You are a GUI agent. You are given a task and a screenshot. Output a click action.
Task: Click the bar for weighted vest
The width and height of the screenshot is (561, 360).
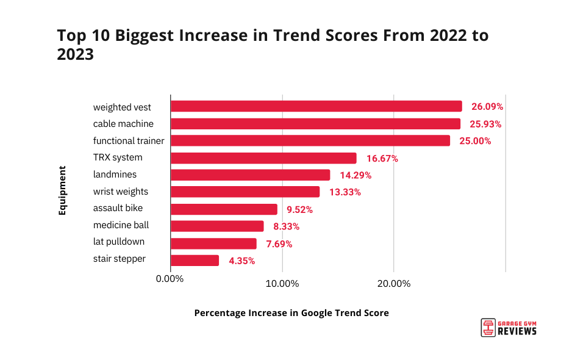316,107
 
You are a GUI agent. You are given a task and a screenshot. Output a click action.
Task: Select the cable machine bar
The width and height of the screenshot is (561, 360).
315,124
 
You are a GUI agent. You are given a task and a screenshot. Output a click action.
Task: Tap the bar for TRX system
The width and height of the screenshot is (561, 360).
263,158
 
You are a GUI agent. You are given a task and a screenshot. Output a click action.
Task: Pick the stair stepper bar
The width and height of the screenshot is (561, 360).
195,261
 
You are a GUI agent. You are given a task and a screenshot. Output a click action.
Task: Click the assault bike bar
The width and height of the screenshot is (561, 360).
224,209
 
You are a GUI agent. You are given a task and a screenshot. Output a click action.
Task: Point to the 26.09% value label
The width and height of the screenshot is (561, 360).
487,107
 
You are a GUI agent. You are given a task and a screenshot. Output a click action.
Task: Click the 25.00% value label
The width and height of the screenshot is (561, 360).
475,141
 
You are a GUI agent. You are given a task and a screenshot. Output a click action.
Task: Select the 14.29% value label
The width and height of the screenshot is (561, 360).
356,175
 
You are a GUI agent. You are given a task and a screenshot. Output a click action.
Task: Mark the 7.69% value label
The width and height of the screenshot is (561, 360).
277,244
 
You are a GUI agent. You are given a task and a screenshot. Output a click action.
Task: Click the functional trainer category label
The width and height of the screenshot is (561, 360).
129,141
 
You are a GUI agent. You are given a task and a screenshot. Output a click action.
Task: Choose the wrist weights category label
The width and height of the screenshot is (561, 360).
121,192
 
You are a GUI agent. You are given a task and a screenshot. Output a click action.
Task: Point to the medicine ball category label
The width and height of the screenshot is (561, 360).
121,225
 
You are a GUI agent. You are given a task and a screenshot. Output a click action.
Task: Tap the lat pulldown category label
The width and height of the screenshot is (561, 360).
119,242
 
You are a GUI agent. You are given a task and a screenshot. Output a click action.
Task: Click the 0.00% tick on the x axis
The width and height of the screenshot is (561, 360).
170,283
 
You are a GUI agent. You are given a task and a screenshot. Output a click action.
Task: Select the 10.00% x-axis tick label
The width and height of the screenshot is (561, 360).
282,283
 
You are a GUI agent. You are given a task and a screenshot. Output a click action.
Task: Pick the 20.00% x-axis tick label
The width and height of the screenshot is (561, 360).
394,283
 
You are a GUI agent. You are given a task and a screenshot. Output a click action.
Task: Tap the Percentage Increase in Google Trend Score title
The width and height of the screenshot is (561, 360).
291,313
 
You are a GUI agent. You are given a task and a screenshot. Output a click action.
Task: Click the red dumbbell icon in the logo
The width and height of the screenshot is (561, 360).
487,328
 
